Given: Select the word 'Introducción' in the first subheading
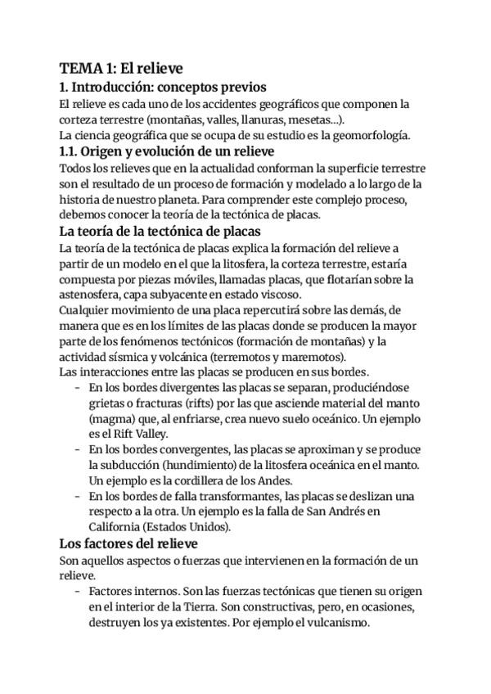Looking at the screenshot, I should (116, 87).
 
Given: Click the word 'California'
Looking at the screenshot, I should (114, 527).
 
